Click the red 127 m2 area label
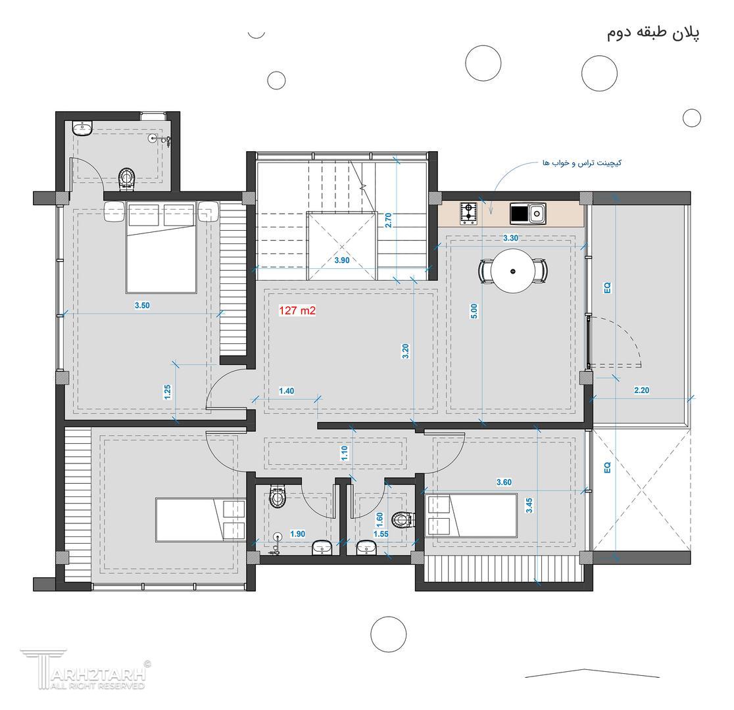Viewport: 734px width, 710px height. point(297,310)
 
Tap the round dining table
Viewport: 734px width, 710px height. point(514,271)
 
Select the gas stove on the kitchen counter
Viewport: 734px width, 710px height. point(468,213)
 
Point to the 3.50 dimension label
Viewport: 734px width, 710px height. point(142,306)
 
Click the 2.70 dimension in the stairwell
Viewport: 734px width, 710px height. point(387,220)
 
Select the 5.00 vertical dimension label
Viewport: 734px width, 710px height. point(474,311)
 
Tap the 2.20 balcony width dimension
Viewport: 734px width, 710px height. point(641,390)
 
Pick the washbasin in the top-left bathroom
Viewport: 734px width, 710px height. point(83,128)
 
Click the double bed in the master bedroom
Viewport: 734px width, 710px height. point(160,248)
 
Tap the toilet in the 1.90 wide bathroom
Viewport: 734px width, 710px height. point(278,496)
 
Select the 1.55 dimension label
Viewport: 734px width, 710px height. point(381,534)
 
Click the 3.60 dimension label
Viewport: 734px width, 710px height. point(504,482)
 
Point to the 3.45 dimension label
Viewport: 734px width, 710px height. point(529,505)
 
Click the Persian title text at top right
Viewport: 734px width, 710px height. point(654,34)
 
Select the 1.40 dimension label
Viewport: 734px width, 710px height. point(286,391)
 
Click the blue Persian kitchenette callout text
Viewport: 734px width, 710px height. point(582,163)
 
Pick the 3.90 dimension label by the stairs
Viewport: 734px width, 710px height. point(342,261)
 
